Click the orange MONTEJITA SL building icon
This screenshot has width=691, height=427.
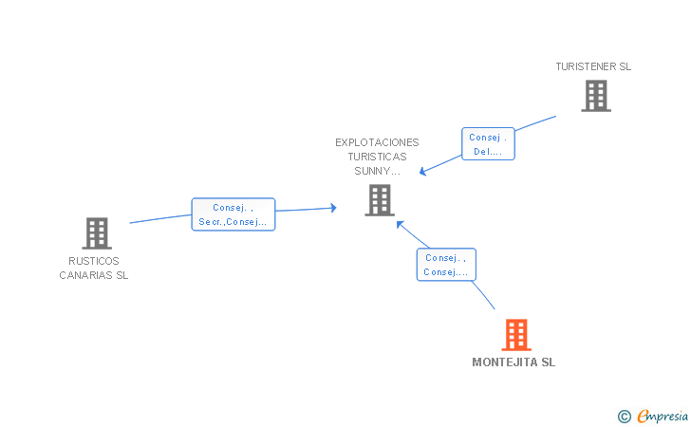516,335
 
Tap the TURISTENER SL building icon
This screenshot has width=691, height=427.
596,96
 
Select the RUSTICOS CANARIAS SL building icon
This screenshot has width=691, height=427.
97,233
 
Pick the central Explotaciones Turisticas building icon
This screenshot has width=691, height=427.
380,200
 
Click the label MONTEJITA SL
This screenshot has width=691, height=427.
514,362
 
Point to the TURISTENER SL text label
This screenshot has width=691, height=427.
593,66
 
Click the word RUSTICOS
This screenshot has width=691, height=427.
94,261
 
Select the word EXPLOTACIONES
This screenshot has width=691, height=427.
377,142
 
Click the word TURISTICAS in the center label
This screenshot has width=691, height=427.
377,157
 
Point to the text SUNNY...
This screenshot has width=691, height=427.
372,171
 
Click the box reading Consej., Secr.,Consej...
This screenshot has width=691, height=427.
233,214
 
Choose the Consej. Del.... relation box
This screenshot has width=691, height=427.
488,143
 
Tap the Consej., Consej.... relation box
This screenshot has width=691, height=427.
446,265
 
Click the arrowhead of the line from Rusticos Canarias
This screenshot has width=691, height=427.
333,208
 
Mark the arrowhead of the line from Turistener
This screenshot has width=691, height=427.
422,172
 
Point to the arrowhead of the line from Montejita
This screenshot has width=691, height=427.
400,224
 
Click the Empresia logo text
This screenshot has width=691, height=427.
663,416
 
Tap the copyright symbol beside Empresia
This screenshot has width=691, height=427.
624,417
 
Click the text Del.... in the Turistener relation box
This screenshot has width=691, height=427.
488,152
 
